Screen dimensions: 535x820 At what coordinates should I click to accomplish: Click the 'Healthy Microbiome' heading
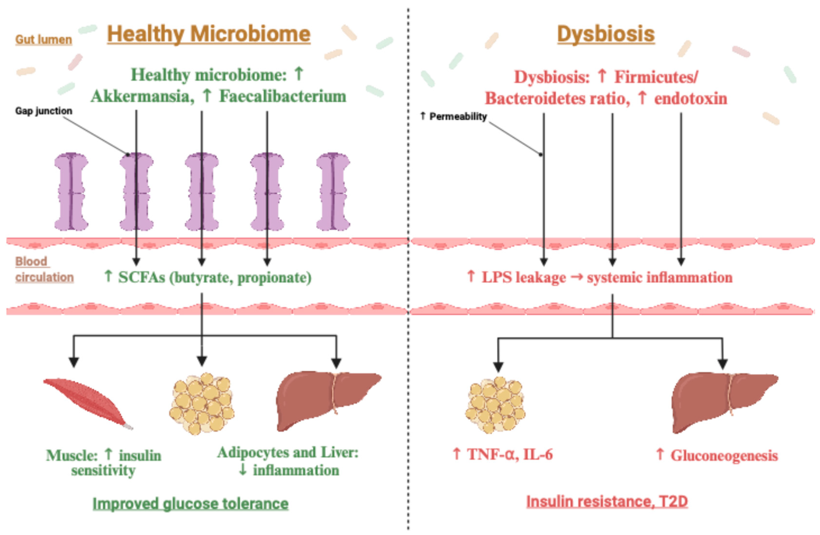point(209,34)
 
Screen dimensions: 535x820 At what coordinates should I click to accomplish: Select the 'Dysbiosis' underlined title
point(606,34)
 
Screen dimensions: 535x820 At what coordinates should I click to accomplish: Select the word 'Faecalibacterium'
point(283,96)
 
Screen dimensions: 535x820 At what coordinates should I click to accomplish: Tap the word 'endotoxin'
point(690,99)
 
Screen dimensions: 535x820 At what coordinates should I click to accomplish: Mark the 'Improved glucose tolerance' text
point(191,504)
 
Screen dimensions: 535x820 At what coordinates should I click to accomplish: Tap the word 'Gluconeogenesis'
point(724,455)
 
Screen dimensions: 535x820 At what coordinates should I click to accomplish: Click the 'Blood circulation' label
point(44,269)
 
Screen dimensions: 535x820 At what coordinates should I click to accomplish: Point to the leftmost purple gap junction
point(71,192)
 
